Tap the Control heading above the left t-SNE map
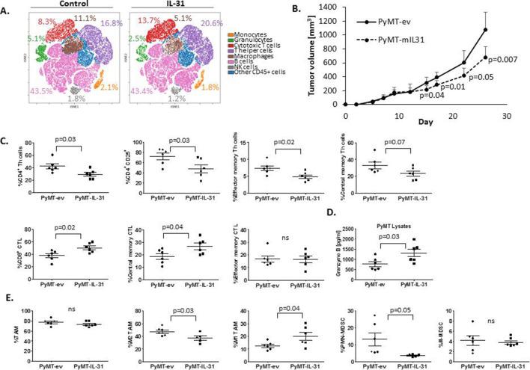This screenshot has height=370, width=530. [66, 5]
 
